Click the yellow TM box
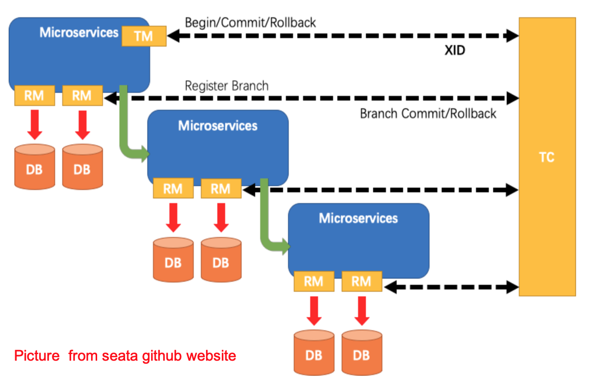(144, 36)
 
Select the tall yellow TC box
(547, 156)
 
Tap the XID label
(455, 50)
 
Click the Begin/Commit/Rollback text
(250, 22)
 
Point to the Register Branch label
(226, 85)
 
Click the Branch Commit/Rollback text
(428, 113)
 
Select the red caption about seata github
(125, 356)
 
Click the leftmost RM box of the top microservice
(34, 96)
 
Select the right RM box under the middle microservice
(220, 189)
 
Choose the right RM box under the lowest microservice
(362, 281)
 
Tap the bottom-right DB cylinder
(362, 352)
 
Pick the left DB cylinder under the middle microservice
(173, 260)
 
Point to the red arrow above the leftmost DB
(34, 125)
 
